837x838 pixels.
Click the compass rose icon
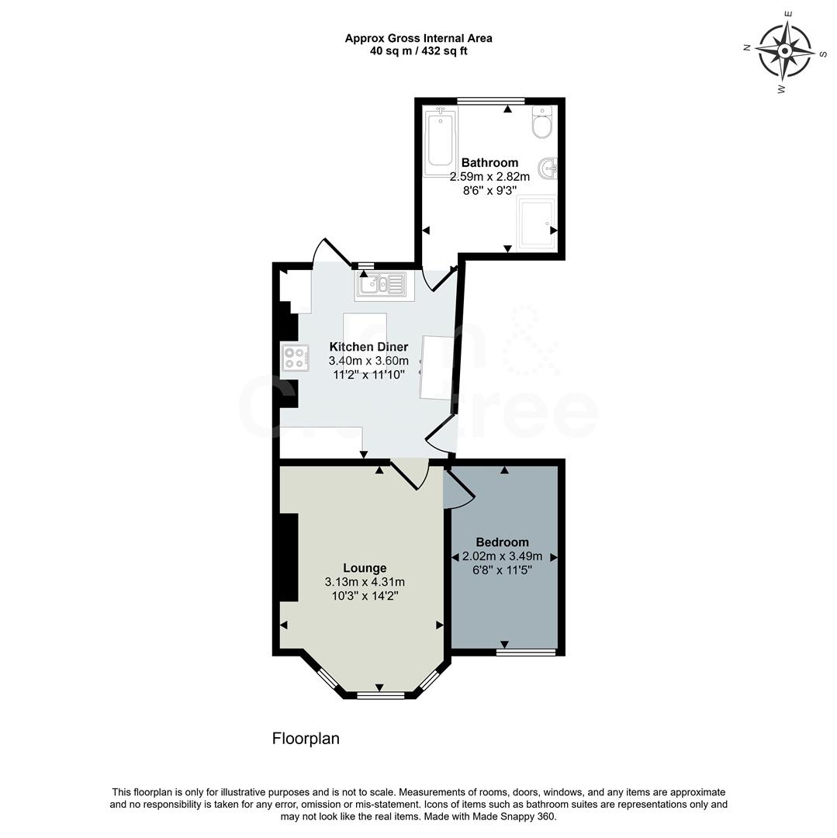point(784,51)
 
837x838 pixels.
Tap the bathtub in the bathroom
point(440,140)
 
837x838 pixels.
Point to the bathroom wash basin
point(548,167)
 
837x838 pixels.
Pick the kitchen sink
point(380,285)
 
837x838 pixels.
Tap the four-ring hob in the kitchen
point(295,357)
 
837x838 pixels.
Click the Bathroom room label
point(489,163)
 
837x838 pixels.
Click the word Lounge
point(365,568)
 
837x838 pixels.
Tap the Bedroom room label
point(502,542)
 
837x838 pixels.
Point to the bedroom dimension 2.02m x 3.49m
point(502,556)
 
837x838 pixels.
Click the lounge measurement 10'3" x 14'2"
point(365,596)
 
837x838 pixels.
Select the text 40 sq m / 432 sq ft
point(418,51)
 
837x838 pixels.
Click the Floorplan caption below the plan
point(306,739)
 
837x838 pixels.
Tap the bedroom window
point(526,653)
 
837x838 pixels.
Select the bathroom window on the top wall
point(490,100)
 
